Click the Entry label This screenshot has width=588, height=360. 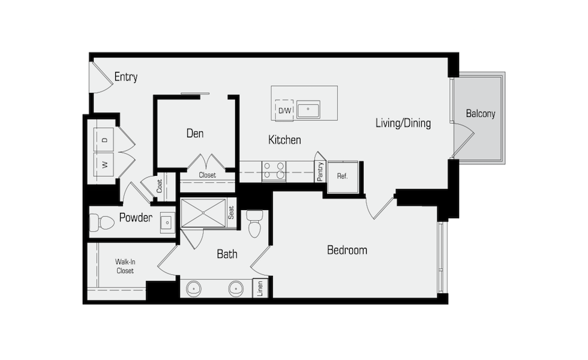[x=125, y=77]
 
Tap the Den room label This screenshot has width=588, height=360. [x=195, y=133]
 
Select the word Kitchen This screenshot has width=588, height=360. [x=284, y=140]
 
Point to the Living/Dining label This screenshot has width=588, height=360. [x=403, y=123]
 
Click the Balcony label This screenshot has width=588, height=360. [x=481, y=113]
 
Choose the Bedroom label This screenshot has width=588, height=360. [x=347, y=250]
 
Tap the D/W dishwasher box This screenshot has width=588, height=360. [x=284, y=110]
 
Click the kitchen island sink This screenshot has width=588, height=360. [x=308, y=109]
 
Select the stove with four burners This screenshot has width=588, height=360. [x=274, y=172]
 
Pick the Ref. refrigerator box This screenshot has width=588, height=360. [x=343, y=176]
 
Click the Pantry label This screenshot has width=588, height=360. [x=320, y=172]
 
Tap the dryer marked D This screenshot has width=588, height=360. [x=103, y=139]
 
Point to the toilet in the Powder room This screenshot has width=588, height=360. [x=101, y=223]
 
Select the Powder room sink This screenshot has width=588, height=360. [x=167, y=223]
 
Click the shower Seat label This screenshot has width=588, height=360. [x=231, y=212]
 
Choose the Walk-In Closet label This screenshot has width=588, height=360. [x=125, y=266]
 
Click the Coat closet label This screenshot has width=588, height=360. [x=160, y=186]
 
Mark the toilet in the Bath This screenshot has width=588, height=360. [x=254, y=223]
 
